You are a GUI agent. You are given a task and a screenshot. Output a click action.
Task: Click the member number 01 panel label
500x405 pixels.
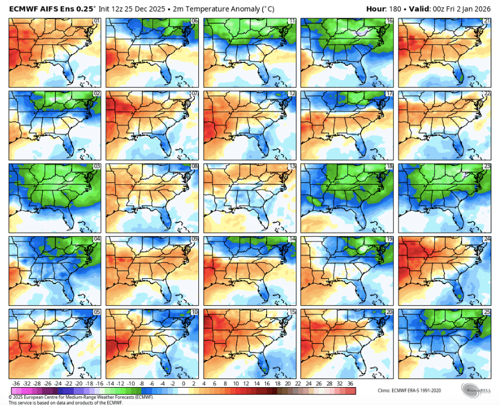coord(97,21)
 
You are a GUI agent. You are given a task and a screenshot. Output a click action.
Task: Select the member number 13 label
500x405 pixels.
coord(292,166)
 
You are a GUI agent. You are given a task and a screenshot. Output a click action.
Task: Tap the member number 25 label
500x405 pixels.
coord(486,312)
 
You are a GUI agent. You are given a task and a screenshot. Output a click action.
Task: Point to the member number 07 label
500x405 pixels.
coord(194,93)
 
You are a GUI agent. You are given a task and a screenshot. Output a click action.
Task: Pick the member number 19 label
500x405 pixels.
coord(389,239)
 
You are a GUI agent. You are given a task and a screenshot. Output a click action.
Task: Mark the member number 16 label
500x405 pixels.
coord(389,21)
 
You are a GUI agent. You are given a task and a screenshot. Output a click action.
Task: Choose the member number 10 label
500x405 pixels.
coord(194,312)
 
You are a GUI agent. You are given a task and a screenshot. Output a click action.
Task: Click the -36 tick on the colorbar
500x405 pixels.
coord(16,383)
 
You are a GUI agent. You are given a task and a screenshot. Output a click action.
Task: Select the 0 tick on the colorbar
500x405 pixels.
coord(183,383)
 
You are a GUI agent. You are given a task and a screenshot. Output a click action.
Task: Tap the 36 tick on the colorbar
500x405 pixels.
coord(351,383)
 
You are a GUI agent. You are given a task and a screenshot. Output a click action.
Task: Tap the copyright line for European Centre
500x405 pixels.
coord(81,396)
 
